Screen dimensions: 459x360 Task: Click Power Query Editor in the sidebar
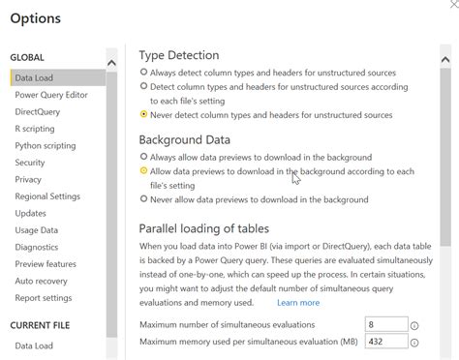click(51, 95)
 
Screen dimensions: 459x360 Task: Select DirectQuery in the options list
click(38, 111)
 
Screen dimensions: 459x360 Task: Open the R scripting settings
click(35, 129)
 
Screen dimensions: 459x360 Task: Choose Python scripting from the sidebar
click(45, 145)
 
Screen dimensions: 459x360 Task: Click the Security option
click(30, 163)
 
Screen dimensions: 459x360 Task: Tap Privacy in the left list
click(28, 179)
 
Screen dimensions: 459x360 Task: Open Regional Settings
click(47, 196)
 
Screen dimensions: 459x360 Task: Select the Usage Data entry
click(37, 230)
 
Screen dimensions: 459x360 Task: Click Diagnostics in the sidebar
click(37, 247)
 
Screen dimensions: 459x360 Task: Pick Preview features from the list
click(46, 264)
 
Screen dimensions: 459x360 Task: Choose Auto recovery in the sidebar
click(42, 281)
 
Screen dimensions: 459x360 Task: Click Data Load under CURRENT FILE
click(34, 345)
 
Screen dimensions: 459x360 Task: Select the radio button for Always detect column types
click(144, 72)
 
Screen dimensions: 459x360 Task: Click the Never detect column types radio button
click(144, 114)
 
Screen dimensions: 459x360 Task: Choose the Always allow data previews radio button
click(144, 156)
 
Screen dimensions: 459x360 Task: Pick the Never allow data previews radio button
click(144, 199)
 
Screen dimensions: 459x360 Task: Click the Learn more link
click(297, 303)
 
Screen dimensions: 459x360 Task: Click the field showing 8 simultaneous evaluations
click(384, 325)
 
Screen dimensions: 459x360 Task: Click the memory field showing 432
click(384, 342)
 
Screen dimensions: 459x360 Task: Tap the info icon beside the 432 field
click(414, 342)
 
